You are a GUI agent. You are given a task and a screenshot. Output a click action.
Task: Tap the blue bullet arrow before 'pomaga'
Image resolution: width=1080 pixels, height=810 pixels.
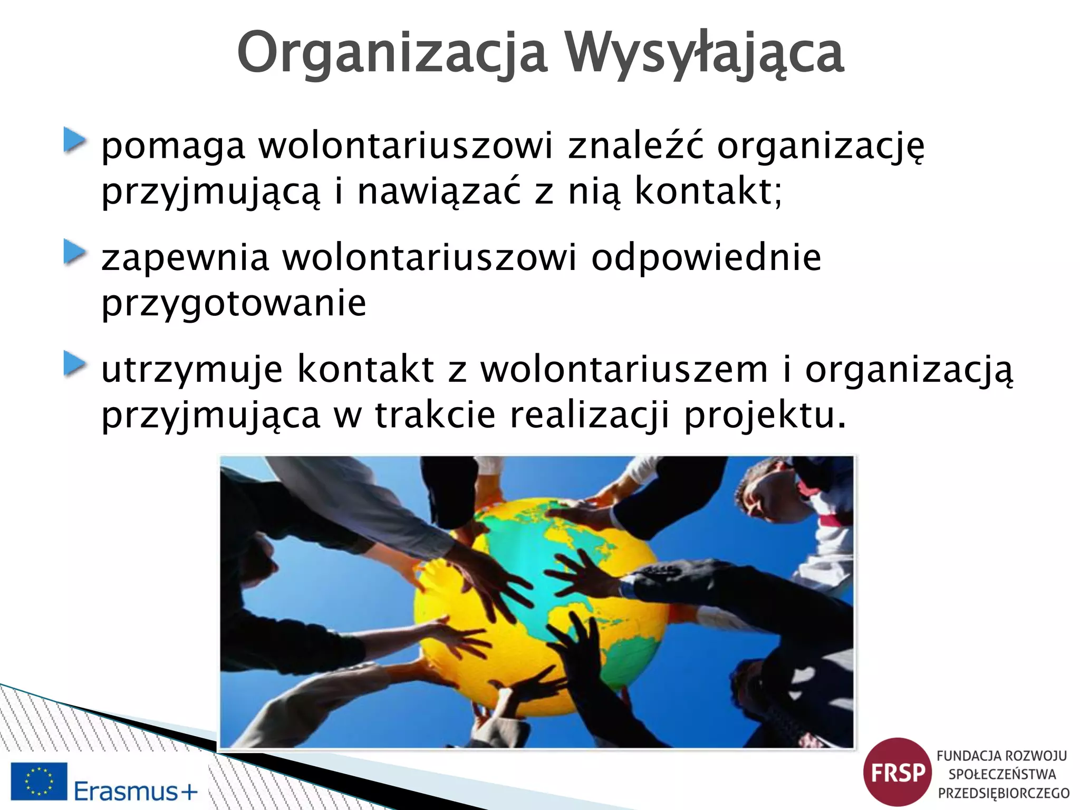pos(75,140)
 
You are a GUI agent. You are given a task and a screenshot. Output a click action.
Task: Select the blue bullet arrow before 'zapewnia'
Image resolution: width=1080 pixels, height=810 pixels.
pos(75,253)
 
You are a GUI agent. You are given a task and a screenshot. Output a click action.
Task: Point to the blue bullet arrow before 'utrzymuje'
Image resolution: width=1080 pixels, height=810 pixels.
pos(75,364)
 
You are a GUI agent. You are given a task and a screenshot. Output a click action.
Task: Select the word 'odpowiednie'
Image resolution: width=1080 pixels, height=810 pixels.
pos(706,258)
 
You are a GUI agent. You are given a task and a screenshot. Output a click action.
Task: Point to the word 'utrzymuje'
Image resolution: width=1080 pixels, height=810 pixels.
pos(192,370)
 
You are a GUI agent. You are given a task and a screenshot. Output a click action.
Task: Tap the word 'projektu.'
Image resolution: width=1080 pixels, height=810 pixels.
pos(765,414)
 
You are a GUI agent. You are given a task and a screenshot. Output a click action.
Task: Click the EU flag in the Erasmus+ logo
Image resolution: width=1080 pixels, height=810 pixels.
pos(39,780)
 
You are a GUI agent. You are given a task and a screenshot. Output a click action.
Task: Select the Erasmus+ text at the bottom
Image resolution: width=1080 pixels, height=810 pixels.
pos(136,790)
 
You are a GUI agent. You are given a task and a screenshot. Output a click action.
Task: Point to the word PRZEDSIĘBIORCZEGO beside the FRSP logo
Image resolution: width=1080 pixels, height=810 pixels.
pos(1004,793)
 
